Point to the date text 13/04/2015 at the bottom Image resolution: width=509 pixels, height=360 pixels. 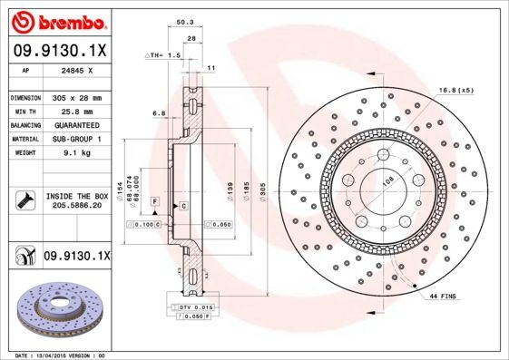pyautogui.click(x=62, y=355)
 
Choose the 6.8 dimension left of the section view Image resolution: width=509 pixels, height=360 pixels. pyautogui.click(x=159, y=113)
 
